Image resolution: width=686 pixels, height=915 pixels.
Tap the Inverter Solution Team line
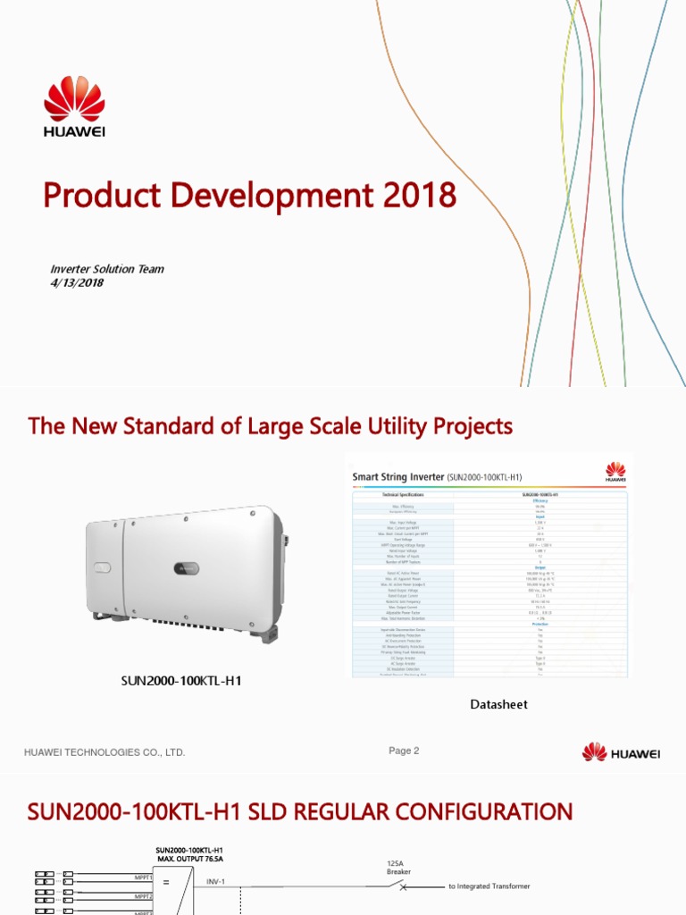[106, 269]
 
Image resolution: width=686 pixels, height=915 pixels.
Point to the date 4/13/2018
[77, 283]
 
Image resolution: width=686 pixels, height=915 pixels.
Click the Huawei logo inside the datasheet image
[615, 471]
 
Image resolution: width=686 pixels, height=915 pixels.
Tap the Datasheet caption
[498, 704]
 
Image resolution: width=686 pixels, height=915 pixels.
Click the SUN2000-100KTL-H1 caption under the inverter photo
[181, 681]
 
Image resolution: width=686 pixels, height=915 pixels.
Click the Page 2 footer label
[404, 751]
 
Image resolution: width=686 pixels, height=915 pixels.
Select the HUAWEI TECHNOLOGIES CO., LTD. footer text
[105, 752]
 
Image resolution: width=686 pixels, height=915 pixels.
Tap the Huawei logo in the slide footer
[621, 752]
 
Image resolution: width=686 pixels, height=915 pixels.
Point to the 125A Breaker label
[398, 867]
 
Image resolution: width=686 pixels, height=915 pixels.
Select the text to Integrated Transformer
[489, 886]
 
